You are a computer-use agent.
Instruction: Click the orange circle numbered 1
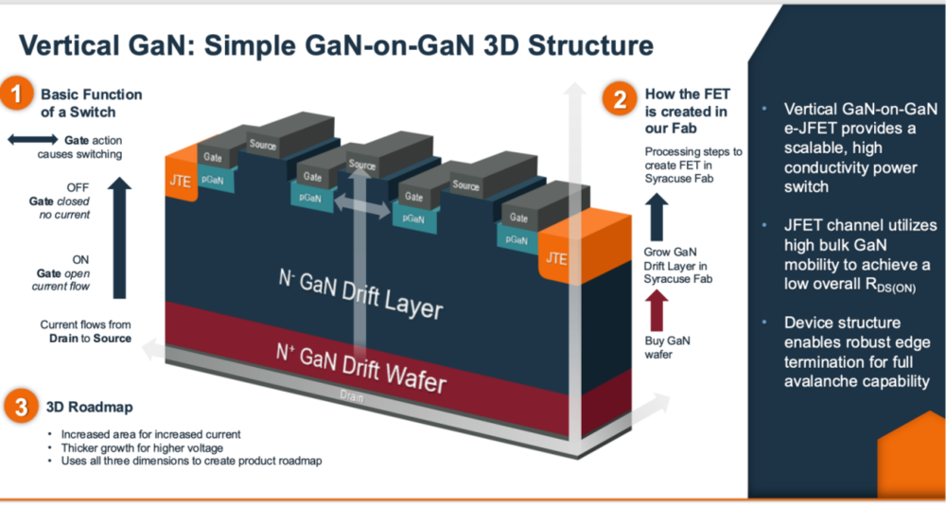[18, 96]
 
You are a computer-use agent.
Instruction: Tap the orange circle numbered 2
[620, 99]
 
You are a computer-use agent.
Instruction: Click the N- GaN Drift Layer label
[360, 292]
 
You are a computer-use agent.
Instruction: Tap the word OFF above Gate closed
[79, 187]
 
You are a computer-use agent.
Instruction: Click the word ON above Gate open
[81, 258]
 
